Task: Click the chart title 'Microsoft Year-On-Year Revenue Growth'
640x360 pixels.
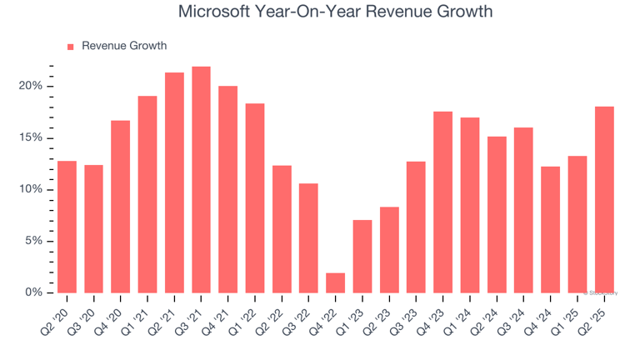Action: pyautogui.click(x=335, y=12)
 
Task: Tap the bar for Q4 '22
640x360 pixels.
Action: pyautogui.click(x=335, y=282)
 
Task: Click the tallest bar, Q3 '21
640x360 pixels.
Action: pyautogui.click(x=201, y=179)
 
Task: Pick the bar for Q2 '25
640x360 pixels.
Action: pyautogui.click(x=603, y=199)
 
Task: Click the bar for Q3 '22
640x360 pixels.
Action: pyautogui.click(x=308, y=237)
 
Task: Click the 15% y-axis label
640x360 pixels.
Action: pyautogui.click(x=31, y=138)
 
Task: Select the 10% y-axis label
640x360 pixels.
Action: pyautogui.click(x=31, y=190)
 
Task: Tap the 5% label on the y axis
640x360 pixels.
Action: pyautogui.click(x=34, y=242)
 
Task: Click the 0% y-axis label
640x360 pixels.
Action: pyautogui.click(x=34, y=292)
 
